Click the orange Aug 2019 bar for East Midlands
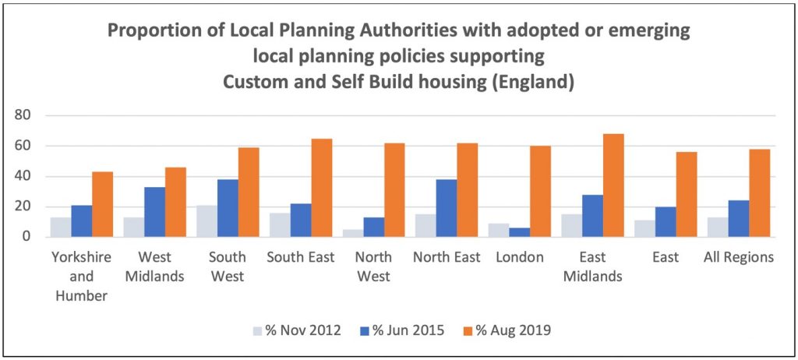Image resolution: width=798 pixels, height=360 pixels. [613, 185]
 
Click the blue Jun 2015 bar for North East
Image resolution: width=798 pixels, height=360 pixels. [447, 208]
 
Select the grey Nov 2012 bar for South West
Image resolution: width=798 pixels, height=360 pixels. [207, 221]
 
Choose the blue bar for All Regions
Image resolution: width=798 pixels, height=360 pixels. [739, 218]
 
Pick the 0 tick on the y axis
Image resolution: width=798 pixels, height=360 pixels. [32, 236]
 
